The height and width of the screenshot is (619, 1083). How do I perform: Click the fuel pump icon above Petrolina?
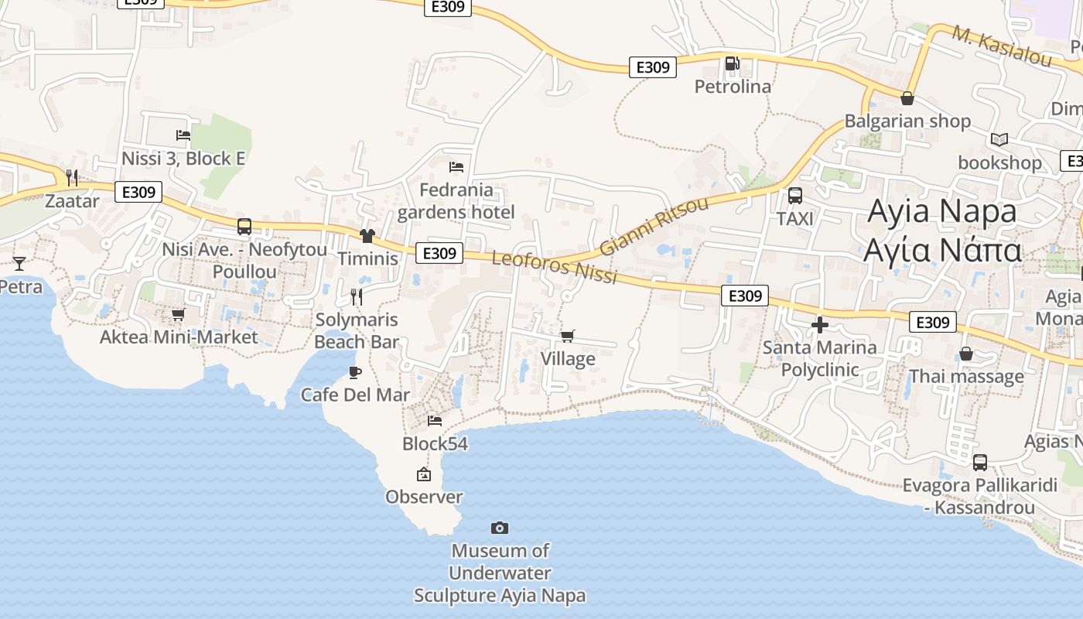click(732, 63)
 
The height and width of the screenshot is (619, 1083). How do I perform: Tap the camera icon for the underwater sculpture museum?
click(500, 528)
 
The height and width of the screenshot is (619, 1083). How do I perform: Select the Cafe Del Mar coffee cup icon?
click(355, 372)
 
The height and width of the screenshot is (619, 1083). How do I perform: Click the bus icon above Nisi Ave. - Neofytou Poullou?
click(244, 226)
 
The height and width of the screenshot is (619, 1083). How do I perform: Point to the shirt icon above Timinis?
click(367, 236)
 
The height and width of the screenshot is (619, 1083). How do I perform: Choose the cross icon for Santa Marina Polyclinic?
click(820, 325)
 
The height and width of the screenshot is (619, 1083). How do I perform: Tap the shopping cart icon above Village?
click(568, 336)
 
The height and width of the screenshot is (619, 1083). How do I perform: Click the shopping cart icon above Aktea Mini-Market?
click(178, 314)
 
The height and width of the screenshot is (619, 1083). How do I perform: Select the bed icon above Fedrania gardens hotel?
click(456, 166)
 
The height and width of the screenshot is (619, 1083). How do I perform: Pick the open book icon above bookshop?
click(999, 140)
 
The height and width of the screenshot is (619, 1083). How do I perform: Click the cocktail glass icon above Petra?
click(19, 263)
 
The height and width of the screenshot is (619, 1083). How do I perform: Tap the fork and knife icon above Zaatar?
click(72, 178)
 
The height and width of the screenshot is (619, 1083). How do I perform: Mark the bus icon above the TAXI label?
click(794, 196)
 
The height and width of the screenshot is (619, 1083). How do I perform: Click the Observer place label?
click(424, 497)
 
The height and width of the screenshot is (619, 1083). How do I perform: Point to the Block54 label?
click(435, 443)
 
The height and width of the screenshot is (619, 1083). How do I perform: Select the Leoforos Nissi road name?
click(555, 267)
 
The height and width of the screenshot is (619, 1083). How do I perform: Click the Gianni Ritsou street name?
click(654, 226)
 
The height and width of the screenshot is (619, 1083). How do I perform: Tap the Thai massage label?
click(966, 377)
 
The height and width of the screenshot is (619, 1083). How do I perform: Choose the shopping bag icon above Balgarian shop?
click(907, 98)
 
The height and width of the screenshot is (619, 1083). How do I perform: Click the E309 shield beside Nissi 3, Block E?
click(138, 192)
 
